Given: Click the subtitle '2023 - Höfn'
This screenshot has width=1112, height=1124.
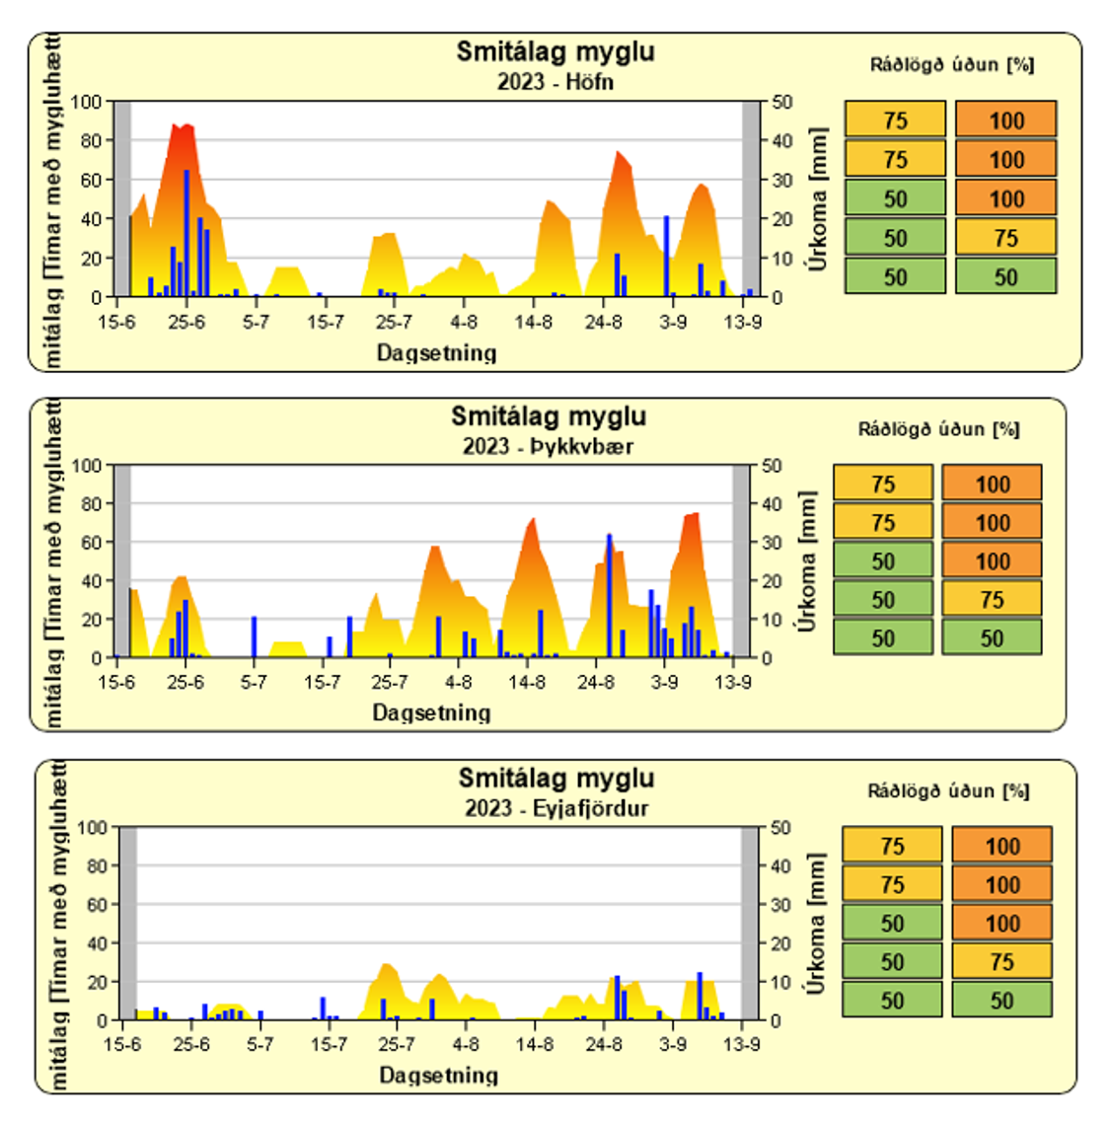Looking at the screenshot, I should coord(555,82).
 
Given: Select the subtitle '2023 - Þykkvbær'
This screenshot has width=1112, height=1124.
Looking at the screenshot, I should coord(548,446).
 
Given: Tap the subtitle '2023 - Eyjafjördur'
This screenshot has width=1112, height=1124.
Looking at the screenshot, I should coord(556,808).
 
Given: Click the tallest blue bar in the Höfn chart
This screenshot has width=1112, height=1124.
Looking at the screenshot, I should coord(186,233).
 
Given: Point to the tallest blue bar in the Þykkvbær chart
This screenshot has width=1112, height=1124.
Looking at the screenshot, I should coord(609,596).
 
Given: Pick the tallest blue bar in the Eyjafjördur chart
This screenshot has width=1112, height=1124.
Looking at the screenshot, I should coord(700,996).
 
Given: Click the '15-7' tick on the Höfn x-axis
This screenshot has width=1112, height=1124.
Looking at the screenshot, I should coord(325,322).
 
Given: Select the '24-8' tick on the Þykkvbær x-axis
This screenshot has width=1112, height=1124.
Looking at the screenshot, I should coord(596,682).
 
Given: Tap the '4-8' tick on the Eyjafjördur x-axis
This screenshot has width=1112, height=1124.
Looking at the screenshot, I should coord(466,1044).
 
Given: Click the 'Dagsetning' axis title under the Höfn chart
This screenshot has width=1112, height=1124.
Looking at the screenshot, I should coord(436,352).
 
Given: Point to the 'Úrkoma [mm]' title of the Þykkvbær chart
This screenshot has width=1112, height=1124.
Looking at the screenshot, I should coord(808,562).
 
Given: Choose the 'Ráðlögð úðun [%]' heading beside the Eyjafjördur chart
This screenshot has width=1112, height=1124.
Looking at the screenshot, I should coord(948,791).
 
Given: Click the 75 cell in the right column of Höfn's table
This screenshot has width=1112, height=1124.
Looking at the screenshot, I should coord(1005,238).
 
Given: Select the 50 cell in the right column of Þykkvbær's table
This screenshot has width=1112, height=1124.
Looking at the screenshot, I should coord(992,638).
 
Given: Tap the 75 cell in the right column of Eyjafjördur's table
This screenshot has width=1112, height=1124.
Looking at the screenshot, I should coord(1001,961).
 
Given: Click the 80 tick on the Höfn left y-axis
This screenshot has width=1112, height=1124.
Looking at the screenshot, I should coord(91,140).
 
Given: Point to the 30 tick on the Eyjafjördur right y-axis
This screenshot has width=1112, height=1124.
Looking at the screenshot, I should coord(780,905).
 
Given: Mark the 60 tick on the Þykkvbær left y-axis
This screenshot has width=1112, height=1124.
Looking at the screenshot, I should coord(91,542).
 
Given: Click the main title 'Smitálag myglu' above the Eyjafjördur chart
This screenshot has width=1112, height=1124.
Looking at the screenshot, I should coord(556,779).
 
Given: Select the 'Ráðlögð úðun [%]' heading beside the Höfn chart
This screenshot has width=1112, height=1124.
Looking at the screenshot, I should coord(952,65).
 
